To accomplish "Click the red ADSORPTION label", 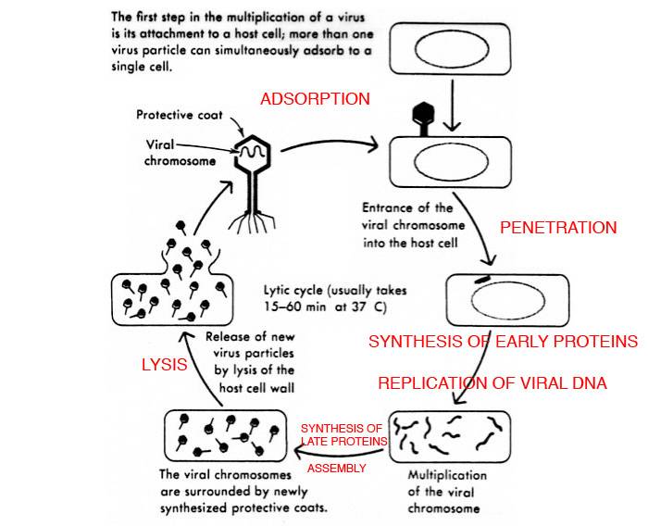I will click(315, 99).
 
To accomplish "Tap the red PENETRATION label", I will click(557, 227).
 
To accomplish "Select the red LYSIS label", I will click(164, 365).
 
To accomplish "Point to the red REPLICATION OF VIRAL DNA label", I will click(492, 383).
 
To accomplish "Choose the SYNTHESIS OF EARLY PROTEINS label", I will click(503, 342).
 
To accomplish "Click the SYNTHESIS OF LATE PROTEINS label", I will click(343, 434).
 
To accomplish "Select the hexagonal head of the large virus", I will click(251, 154).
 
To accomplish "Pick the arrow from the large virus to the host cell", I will click(329, 144).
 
